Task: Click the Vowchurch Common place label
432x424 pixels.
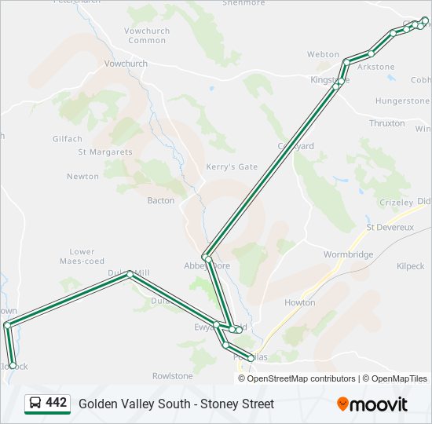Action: point(147,35)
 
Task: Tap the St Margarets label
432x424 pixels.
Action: point(104,152)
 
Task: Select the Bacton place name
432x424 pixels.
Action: point(161,200)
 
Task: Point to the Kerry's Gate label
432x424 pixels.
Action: point(232,166)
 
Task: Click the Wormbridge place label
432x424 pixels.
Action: point(348,254)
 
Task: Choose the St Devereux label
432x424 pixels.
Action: point(390,227)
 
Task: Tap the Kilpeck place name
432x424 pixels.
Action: point(410,266)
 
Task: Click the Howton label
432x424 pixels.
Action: point(299,302)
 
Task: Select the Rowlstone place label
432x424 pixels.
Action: point(172,376)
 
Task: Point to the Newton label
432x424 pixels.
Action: point(82,177)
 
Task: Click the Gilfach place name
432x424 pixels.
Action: point(68,138)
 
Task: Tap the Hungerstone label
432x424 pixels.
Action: point(402,101)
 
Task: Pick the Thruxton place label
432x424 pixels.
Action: point(386,123)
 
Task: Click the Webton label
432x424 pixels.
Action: point(323,54)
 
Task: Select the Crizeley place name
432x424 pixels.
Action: point(396,202)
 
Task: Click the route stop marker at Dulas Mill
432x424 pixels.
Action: point(130,273)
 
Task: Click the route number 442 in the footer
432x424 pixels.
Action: point(57,403)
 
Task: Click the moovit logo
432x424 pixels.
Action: point(372,404)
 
